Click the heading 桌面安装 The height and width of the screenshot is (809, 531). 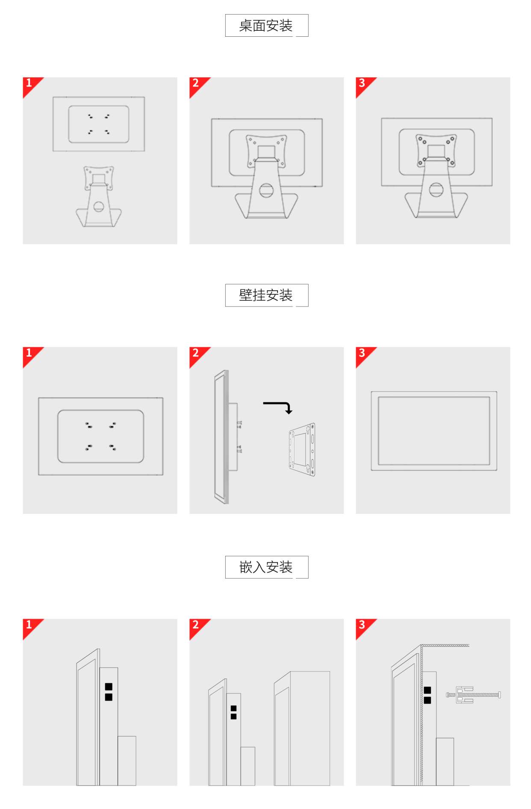click(266, 26)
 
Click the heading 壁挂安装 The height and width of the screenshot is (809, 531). click(266, 295)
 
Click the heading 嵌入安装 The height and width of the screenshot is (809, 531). click(266, 567)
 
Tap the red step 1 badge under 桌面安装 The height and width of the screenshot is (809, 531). click(31, 85)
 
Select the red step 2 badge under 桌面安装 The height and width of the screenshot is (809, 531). click(198, 85)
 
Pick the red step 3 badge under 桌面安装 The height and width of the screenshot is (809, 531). click(364, 85)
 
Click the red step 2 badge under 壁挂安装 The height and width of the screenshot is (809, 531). click(198, 354)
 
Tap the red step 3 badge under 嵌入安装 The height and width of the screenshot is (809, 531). click(364, 626)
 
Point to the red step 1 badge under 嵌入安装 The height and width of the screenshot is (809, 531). click(31, 626)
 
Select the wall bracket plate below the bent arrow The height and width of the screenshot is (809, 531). click(302, 449)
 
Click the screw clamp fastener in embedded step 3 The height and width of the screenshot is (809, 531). click(473, 695)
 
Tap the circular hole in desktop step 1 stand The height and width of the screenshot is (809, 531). click(99, 207)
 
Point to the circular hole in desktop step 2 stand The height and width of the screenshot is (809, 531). click(266, 190)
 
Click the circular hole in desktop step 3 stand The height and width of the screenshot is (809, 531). click(436, 189)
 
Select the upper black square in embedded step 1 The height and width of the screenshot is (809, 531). click(109, 687)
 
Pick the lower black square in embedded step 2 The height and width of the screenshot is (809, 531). click(233, 717)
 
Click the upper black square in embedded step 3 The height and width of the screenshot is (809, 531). click(428, 690)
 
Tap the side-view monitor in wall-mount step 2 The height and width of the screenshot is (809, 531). click(227, 437)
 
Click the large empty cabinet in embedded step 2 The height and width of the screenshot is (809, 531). click(302, 728)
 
